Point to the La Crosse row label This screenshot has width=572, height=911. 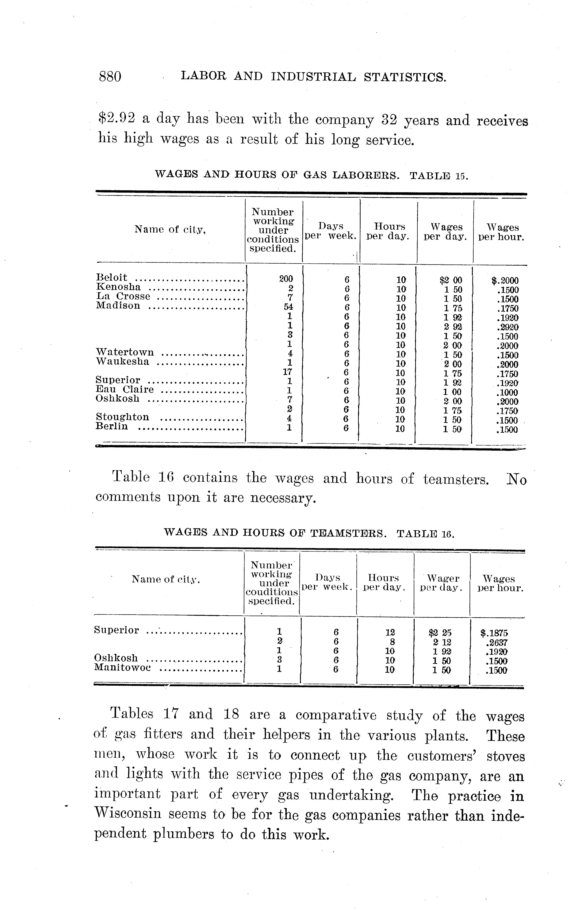point(123,297)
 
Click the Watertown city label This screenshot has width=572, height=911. point(125,353)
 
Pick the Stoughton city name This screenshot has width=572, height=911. point(122,417)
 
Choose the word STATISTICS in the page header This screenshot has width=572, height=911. point(405,77)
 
